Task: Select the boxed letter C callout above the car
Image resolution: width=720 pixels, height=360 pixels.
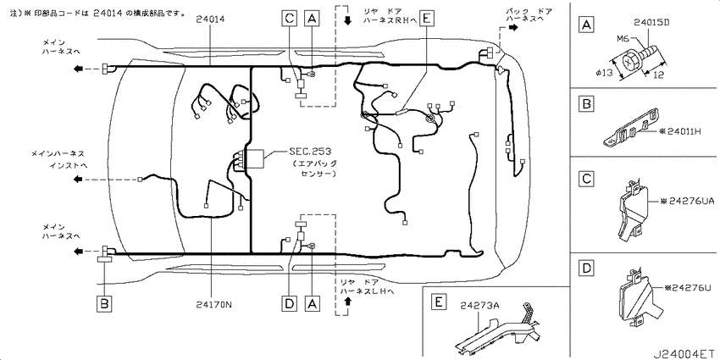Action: tap(290, 17)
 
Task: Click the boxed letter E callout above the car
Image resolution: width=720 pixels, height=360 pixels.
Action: tap(426, 17)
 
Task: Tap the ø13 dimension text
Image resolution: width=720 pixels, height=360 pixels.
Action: tap(604, 73)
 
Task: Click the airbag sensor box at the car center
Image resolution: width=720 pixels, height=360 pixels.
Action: tap(254, 160)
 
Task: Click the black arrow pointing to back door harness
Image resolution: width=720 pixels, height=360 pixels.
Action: tap(513, 27)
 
